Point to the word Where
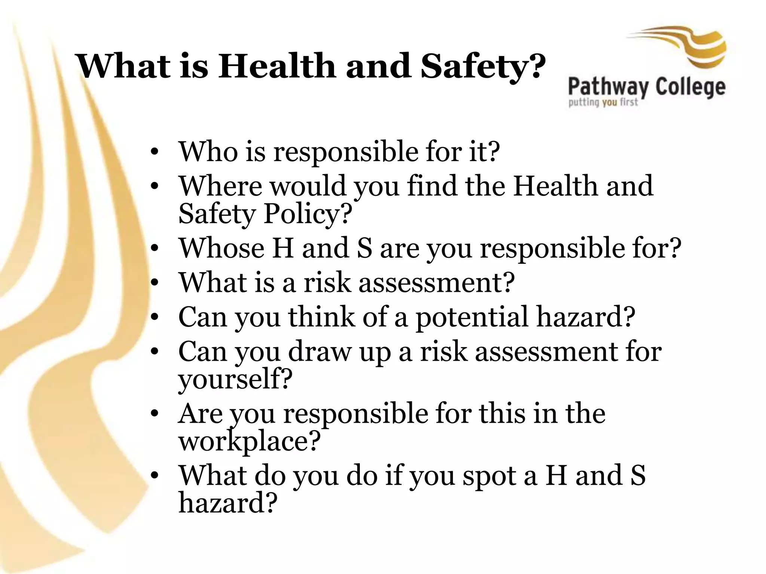(x=221, y=186)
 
